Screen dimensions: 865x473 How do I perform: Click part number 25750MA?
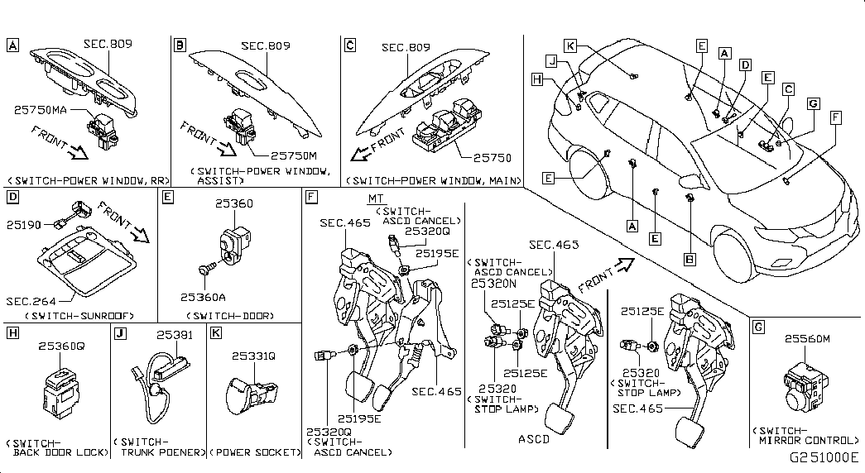41,110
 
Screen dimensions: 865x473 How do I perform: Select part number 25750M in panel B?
294,156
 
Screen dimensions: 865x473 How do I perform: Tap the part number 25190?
24,225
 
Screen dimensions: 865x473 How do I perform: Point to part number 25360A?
203,297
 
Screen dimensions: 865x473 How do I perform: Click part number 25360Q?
61,346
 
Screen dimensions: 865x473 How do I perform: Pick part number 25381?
175,335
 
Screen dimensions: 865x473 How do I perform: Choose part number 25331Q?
253,356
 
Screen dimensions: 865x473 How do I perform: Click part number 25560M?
807,338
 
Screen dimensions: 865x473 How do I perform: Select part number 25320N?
493,284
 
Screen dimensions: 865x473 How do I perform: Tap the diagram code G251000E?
824,457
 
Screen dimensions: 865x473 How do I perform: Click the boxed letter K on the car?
570,45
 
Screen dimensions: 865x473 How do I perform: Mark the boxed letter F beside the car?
836,117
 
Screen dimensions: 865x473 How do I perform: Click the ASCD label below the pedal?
534,439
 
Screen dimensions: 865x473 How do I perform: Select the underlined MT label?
376,199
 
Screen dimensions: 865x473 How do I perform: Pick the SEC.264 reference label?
31,301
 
